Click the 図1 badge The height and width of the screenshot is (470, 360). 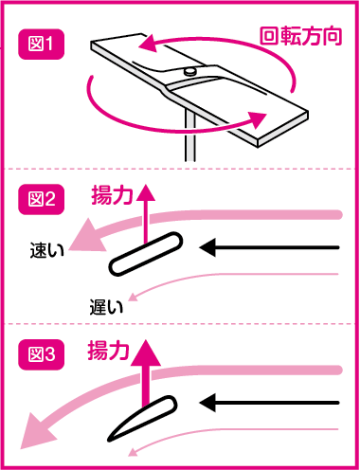pyautogui.click(x=42, y=45)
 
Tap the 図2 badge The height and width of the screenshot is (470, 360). pyautogui.click(x=42, y=200)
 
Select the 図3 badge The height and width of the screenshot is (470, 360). pyautogui.click(x=42, y=354)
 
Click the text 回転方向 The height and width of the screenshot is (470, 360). pyautogui.click(x=300, y=36)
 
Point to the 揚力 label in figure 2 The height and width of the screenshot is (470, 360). pyautogui.click(x=112, y=195)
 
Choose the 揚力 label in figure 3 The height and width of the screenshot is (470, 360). pyautogui.click(x=109, y=350)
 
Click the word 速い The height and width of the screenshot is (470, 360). pyautogui.click(x=47, y=250)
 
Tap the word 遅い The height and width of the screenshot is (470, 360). pyautogui.click(x=106, y=307)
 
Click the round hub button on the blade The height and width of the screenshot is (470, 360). pyautogui.click(x=190, y=72)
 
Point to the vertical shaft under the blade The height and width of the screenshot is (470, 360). pyautogui.click(x=190, y=136)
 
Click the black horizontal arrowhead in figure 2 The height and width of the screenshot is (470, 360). pyautogui.click(x=207, y=247)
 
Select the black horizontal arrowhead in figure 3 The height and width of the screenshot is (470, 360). pyautogui.click(x=207, y=403)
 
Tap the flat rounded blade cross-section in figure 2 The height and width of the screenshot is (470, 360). pyautogui.click(x=146, y=254)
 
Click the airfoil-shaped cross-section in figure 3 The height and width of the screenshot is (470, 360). pyautogui.click(x=142, y=418)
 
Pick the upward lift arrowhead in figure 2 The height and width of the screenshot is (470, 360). pyautogui.click(x=146, y=193)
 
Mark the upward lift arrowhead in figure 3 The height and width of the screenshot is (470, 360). pyautogui.click(x=146, y=353)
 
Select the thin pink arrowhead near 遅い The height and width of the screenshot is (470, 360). pyautogui.click(x=133, y=297)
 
